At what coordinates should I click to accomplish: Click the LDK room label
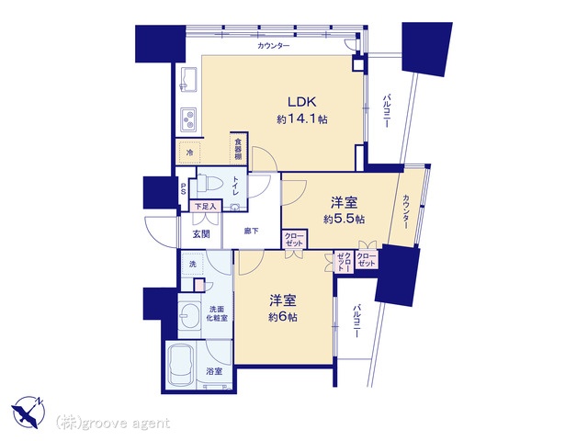(302, 102)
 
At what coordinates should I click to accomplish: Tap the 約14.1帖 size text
(302, 119)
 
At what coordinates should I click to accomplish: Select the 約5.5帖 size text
(344, 219)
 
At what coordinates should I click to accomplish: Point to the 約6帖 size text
(283, 317)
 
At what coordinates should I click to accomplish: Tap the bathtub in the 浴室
(181, 366)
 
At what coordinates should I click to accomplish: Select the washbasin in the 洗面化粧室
(189, 315)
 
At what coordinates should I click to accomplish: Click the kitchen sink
(188, 79)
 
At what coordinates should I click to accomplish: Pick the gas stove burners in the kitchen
(188, 119)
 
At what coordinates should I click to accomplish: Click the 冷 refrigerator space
(190, 153)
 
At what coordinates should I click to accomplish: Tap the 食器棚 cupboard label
(238, 149)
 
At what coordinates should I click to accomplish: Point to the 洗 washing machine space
(192, 264)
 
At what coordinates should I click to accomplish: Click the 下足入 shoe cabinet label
(205, 206)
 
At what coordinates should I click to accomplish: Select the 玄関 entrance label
(201, 234)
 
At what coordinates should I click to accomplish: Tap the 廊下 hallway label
(251, 232)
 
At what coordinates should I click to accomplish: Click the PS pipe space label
(184, 188)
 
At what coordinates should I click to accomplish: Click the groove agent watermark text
(113, 423)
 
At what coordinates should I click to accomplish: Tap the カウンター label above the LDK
(274, 46)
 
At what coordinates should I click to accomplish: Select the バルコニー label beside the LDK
(386, 111)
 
